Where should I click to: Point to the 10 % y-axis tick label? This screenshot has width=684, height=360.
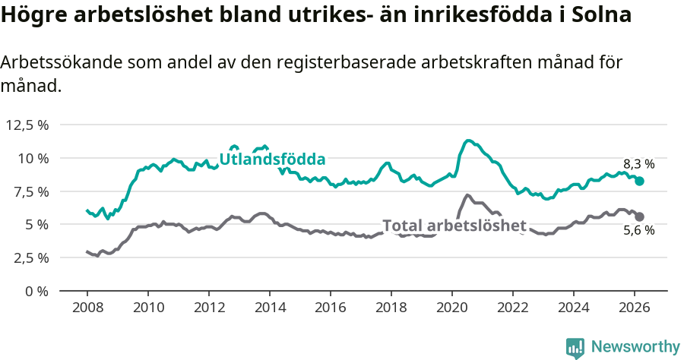[x=33, y=158]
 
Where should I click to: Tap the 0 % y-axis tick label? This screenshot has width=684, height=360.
[x=37, y=291]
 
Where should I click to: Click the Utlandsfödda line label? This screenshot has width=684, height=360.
[x=272, y=159]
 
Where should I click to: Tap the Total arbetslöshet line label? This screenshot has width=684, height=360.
[x=454, y=226]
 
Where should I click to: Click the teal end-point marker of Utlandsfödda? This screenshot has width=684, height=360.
[x=640, y=181]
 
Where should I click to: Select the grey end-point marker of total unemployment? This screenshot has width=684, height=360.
[x=640, y=216]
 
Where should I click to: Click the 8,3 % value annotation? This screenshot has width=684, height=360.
[x=638, y=164]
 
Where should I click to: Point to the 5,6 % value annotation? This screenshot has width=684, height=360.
[x=638, y=231]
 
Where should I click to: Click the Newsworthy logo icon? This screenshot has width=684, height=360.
[x=575, y=347]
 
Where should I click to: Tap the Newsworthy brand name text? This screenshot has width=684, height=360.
[x=635, y=347]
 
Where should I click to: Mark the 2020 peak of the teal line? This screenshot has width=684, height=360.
[x=468, y=141]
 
